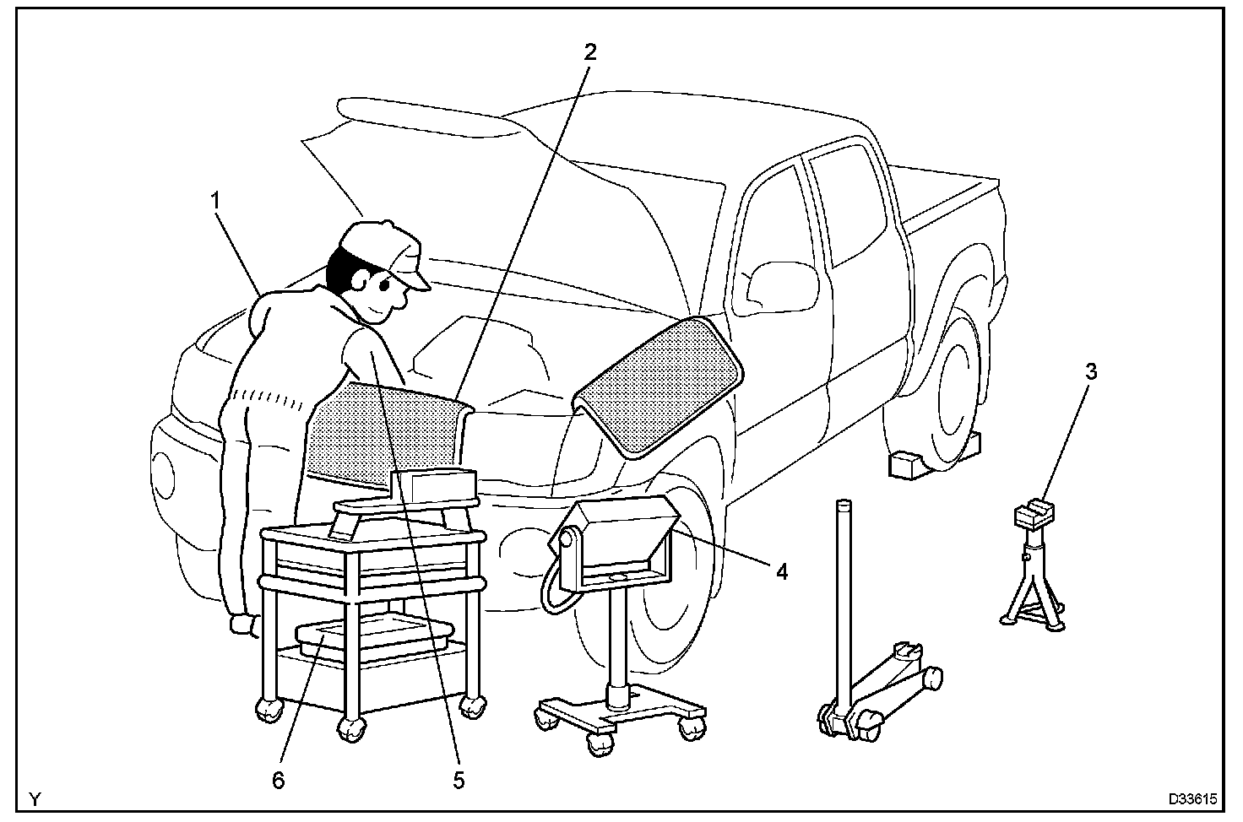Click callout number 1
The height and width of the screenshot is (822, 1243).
pos(216,201)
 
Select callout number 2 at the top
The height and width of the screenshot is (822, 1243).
pos(589,51)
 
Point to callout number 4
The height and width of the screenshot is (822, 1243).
pos(781,572)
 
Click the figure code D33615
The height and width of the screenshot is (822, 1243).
pos(1192,798)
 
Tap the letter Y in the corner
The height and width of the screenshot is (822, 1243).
pos(35,798)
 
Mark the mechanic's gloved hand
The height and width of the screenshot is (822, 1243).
pos(245,625)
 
